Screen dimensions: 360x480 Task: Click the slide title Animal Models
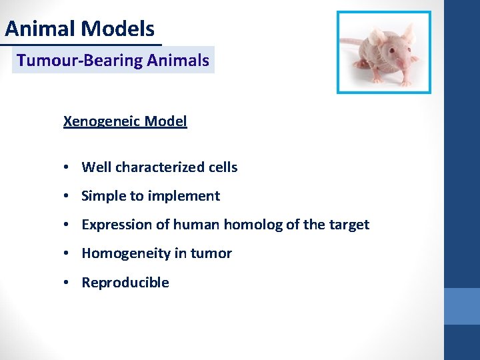click(x=80, y=29)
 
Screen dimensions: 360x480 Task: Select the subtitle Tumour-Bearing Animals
click(x=113, y=61)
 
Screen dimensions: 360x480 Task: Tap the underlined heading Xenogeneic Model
click(x=125, y=121)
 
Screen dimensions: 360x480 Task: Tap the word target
click(x=349, y=225)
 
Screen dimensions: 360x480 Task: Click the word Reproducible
click(x=125, y=283)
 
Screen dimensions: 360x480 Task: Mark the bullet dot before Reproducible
click(x=69, y=283)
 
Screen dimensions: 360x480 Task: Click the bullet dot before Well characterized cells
click(x=69, y=167)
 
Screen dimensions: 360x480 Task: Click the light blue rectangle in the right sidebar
click(x=462, y=306)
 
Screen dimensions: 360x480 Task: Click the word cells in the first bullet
click(x=222, y=167)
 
